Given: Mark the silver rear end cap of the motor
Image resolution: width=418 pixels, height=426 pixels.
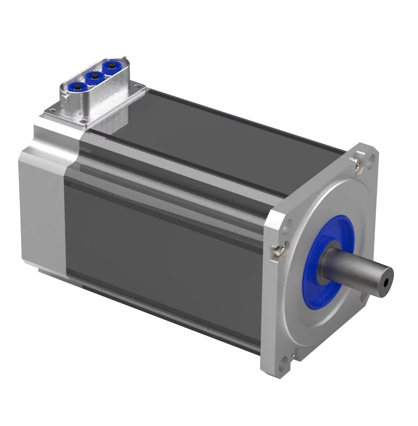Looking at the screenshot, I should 41,206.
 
